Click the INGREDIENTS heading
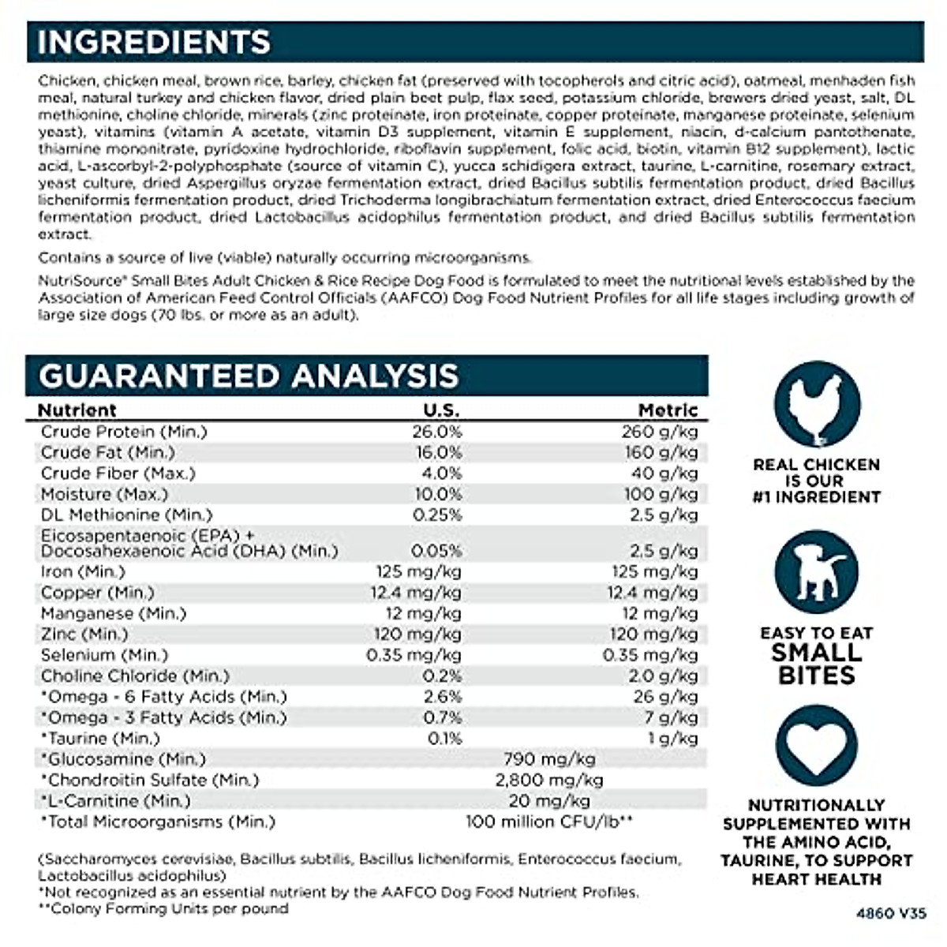click(x=154, y=42)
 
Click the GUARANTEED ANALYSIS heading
click(x=249, y=376)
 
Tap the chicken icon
click(x=816, y=404)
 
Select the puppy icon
click(x=816, y=572)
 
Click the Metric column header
click(x=668, y=410)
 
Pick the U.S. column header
click(x=440, y=410)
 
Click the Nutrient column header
click(x=77, y=410)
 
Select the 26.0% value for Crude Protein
click(x=437, y=432)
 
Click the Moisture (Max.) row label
click(x=105, y=494)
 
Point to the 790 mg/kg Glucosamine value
click(x=549, y=759)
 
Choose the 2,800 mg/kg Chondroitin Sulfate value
click(x=549, y=780)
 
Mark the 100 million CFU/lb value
click(x=549, y=822)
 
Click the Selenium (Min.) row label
click(x=105, y=655)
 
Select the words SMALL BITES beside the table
click(x=816, y=664)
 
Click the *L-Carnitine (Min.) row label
click(x=116, y=801)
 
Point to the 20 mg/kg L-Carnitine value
click(x=549, y=801)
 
